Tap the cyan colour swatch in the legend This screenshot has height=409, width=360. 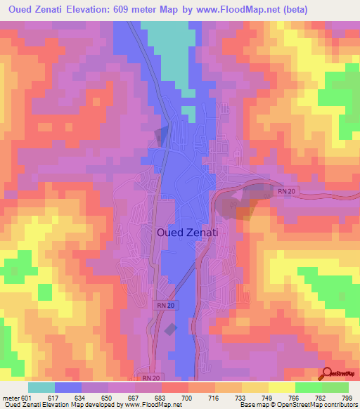[41, 388]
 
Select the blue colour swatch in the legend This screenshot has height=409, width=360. [68, 388]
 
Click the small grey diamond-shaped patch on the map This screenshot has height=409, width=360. [170, 328]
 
